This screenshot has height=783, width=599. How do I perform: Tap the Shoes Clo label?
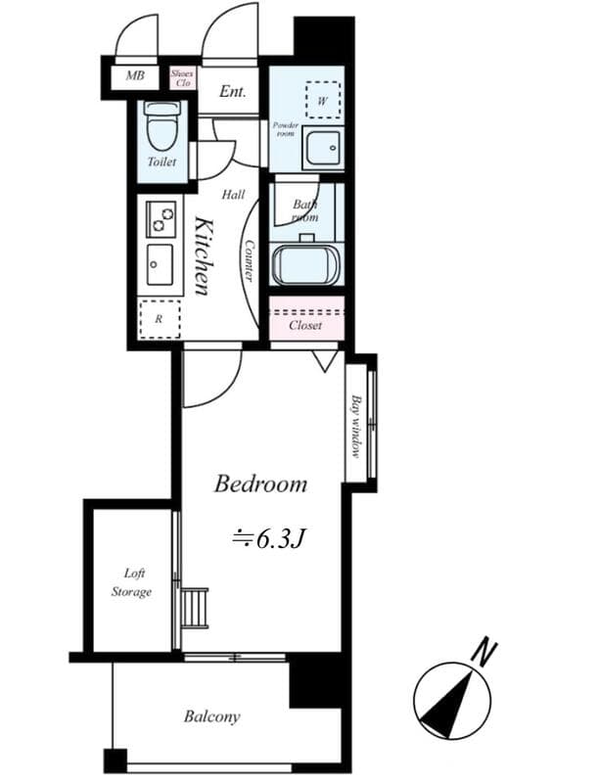coord(182,77)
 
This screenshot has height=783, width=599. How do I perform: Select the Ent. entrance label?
coord(232,92)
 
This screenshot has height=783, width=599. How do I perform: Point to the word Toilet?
coord(161,161)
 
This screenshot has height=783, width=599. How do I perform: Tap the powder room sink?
coord(322,149)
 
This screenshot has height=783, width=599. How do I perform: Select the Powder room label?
coord(286,129)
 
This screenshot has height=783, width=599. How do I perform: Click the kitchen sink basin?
coord(160,263)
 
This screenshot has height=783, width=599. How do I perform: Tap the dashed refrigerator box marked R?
coord(159,319)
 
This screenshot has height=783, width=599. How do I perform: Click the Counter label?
coord(250,261)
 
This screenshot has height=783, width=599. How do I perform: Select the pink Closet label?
coord(305,325)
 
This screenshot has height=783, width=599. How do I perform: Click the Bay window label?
coord(357,427)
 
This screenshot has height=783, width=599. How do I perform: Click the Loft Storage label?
coord(130,582)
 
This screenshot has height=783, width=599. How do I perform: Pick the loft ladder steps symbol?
coord(195,607)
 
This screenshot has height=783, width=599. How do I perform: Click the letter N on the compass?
coord(483,650)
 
